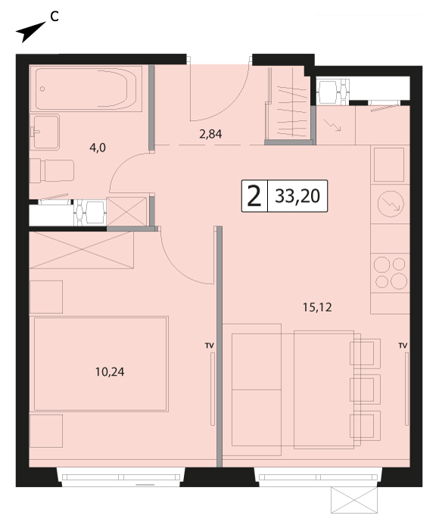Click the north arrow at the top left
click(x=30, y=32)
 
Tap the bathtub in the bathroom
click(x=86, y=89)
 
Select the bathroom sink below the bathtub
click(x=45, y=132)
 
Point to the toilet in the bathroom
click(x=52, y=170)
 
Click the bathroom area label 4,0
click(x=98, y=148)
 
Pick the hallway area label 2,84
click(x=210, y=134)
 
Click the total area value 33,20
click(x=297, y=196)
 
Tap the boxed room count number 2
click(x=254, y=197)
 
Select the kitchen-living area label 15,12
click(x=317, y=307)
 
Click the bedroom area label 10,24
click(x=110, y=372)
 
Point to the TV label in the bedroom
click(x=209, y=346)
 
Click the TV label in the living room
click(x=403, y=346)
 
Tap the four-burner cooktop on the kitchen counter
click(x=391, y=273)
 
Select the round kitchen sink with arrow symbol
click(x=391, y=203)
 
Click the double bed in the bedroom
click(x=101, y=364)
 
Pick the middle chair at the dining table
click(x=366, y=390)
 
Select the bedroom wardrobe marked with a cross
click(x=82, y=250)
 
